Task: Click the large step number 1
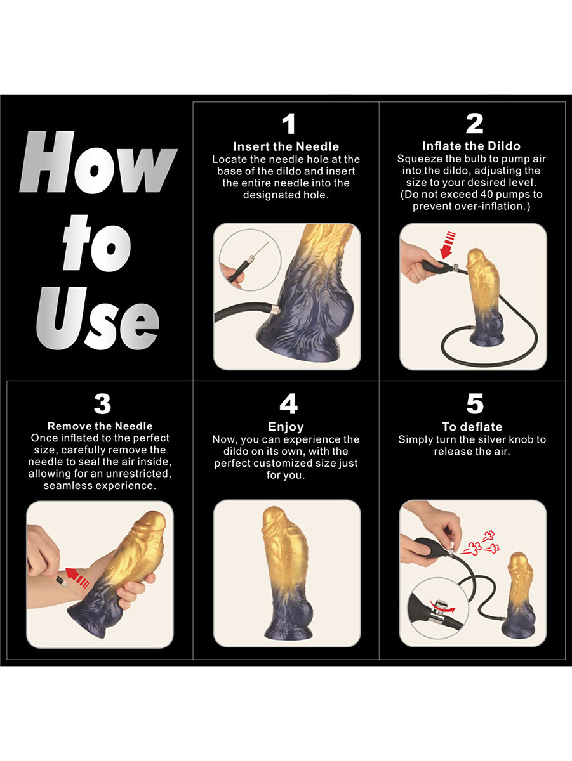click(289, 124)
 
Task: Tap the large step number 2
click(474, 124)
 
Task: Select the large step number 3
click(102, 403)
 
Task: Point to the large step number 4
click(289, 403)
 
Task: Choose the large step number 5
click(475, 403)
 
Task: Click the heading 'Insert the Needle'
click(286, 146)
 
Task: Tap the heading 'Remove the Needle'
click(100, 426)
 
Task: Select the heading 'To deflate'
click(472, 426)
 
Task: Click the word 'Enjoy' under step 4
click(286, 427)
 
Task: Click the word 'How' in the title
click(98, 162)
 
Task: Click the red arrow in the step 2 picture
click(447, 245)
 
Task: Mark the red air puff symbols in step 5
click(480, 543)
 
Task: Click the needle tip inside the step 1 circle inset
click(268, 242)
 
